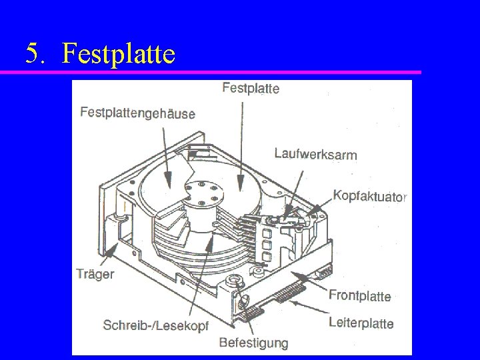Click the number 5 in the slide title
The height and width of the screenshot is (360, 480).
[33, 53]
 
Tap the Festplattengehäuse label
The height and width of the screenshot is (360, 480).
[137, 113]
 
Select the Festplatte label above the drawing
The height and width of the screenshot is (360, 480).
[250, 87]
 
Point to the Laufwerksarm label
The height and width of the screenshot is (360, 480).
[315, 154]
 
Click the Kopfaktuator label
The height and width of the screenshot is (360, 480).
[369, 197]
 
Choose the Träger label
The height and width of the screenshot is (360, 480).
[95, 273]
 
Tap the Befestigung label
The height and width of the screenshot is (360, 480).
[253, 343]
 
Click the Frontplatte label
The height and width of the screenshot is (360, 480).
[360, 295]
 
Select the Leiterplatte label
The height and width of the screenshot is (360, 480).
[361, 323]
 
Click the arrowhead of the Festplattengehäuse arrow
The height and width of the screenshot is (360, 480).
[167, 180]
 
